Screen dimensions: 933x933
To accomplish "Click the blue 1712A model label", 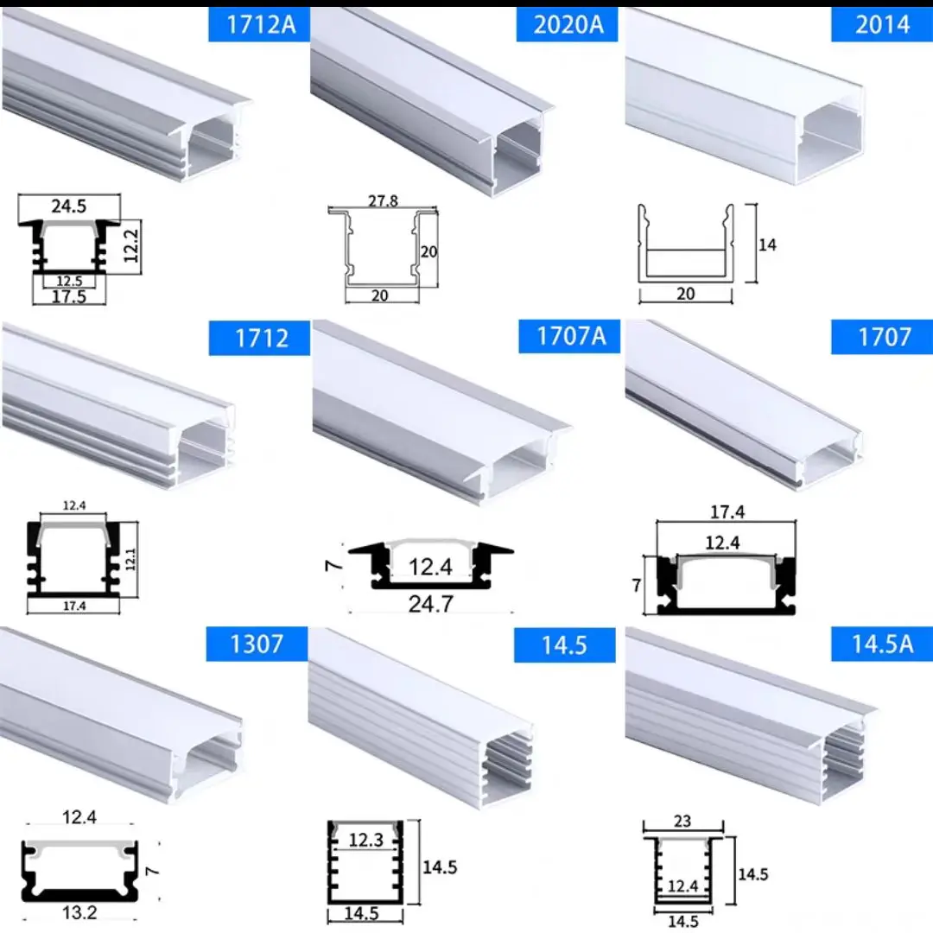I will (260, 24).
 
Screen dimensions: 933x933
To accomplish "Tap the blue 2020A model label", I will (568, 24).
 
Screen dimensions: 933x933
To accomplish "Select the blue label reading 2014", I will (881, 24).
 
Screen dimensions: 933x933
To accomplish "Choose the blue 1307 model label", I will (257, 644).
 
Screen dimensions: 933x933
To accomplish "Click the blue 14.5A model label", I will (881, 644).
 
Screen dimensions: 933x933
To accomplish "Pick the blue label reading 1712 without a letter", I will (260, 337).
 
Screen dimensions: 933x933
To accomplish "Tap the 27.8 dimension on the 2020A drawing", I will (383, 201).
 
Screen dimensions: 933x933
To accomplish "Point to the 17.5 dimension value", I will (69, 295).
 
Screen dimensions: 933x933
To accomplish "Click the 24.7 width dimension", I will (430, 603).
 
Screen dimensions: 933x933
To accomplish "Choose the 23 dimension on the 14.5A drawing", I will (682, 821).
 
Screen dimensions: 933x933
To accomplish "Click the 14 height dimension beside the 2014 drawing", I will (766, 244).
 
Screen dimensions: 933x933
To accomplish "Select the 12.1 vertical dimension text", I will (127, 562).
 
